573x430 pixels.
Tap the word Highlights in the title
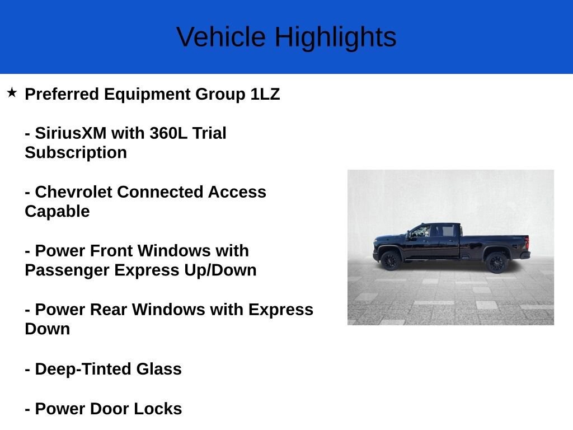[335, 37]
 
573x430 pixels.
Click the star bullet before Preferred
[12, 92]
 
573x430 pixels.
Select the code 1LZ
[265, 94]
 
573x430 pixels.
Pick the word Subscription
[76, 152]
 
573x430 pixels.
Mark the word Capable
[57, 211]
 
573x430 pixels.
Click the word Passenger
[67, 270]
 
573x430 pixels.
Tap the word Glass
[159, 369]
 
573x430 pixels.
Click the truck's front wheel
[390, 260]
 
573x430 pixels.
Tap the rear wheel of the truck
[496, 262]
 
